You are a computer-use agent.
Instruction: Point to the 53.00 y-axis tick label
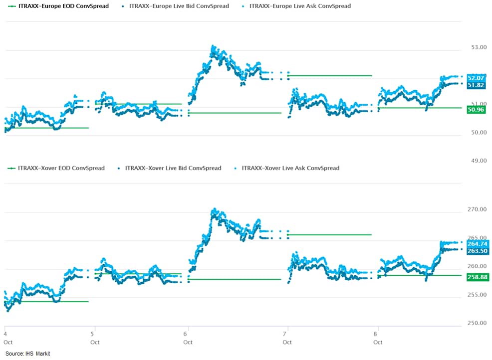(x=479, y=47)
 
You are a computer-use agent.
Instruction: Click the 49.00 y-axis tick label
(x=479, y=161)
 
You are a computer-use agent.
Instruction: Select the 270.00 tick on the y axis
(x=477, y=209)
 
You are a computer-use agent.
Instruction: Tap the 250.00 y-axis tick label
(x=477, y=323)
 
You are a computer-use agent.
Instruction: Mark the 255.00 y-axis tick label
(x=477, y=295)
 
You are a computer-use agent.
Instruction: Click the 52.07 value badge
(x=477, y=78)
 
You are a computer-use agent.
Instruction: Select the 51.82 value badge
(x=477, y=85)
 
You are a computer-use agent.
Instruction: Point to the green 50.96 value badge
(x=477, y=109)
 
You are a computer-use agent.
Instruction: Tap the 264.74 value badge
(x=478, y=244)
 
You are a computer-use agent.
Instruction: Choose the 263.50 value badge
(x=478, y=251)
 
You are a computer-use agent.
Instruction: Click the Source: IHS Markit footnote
(x=28, y=354)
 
